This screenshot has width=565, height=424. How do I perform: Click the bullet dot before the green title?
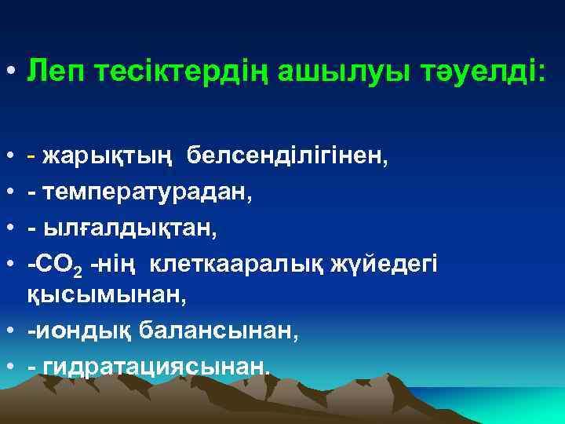(x=12, y=73)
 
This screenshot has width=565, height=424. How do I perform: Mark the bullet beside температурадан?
(x=12, y=193)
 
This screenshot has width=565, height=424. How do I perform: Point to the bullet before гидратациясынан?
(x=12, y=365)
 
